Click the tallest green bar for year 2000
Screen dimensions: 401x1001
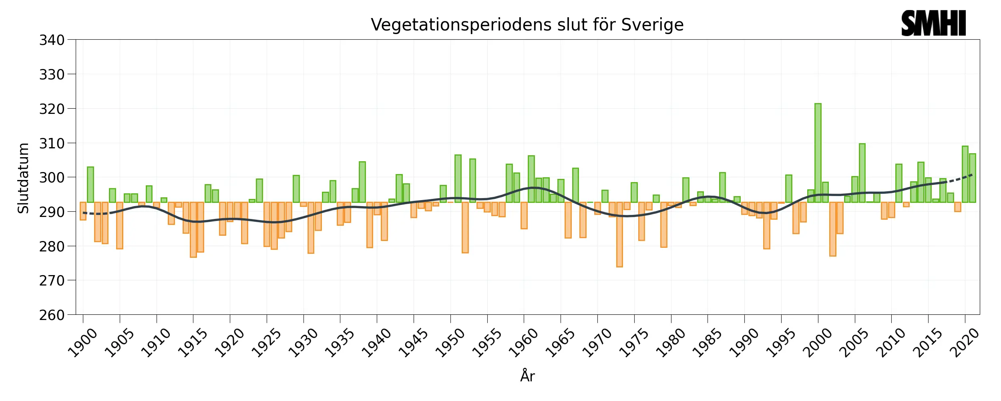coord(818,152)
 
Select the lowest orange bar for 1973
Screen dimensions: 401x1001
coord(619,235)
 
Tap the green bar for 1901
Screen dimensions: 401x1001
coord(90,184)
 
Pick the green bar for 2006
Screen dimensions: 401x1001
coord(862,172)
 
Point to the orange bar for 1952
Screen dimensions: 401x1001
coord(465,227)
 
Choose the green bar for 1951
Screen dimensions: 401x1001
coord(458,178)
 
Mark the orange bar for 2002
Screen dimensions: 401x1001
coord(832,229)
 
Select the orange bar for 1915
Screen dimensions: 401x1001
coord(193,229)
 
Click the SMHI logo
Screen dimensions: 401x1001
coord(933,23)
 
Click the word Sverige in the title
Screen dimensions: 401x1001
coord(652,25)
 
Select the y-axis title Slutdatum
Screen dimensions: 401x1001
coord(24,178)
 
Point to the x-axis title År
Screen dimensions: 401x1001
coord(527,376)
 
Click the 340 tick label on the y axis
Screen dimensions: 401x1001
coord(52,40)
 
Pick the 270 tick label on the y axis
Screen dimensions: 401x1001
coord(52,281)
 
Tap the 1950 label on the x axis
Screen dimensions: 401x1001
coord(450,343)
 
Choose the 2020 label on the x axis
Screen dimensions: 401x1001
coord(965,343)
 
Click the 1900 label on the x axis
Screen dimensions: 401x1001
coord(82,343)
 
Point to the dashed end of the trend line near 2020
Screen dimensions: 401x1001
coord(961,178)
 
